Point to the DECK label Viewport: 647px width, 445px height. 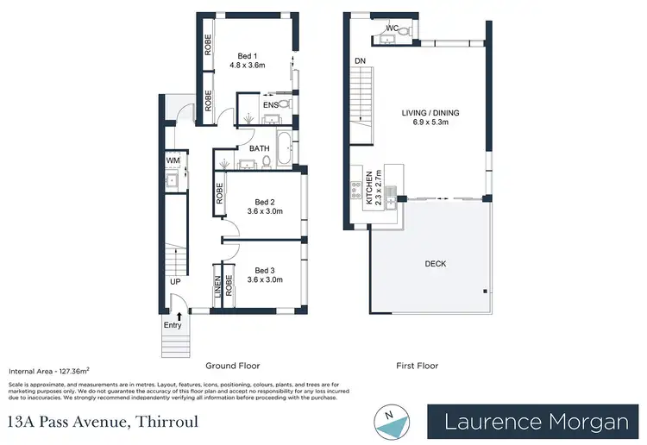[x=435, y=263]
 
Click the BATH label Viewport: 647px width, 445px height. [x=259, y=148]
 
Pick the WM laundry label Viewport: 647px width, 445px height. [x=173, y=160]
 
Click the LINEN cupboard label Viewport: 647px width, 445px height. [x=217, y=287]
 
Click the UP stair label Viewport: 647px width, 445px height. [x=175, y=282]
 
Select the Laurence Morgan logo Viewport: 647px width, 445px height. [x=536, y=422]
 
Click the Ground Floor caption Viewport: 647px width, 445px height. [x=233, y=366]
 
